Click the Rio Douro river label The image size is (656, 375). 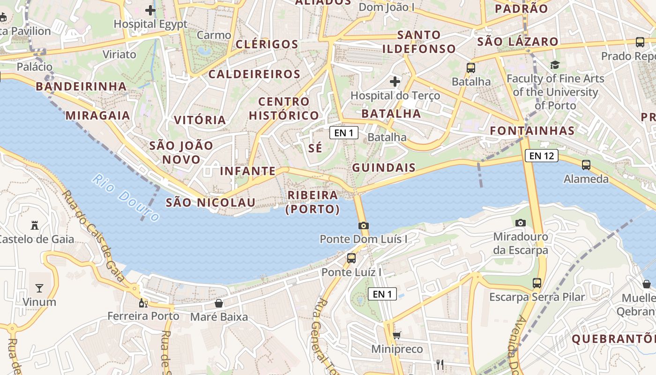click(126, 197)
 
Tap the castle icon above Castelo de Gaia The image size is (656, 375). click(34, 225)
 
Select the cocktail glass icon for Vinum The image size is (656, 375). click(39, 288)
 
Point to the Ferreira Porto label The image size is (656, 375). click(143, 316)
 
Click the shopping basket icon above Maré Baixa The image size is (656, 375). click(218, 303)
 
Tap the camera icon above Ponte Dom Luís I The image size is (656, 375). click(363, 225)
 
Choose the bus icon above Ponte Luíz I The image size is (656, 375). click(351, 258)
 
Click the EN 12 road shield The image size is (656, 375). click(541, 156)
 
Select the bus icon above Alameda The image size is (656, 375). click(586, 165)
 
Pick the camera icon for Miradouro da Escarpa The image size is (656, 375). click(520, 223)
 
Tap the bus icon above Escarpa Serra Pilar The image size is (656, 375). click(537, 283)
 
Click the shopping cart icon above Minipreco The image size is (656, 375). click(396, 335)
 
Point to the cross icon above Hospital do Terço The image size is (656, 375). click(395, 82)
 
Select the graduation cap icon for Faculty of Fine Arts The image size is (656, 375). click(555, 65)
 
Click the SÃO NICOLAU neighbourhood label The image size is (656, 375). click(210, 202)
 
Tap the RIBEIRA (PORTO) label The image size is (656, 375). click(313, 202)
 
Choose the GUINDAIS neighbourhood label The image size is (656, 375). click(384, 168)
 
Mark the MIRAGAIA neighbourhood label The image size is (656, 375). click(97, 115)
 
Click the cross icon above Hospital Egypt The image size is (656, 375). click(150, 10)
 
